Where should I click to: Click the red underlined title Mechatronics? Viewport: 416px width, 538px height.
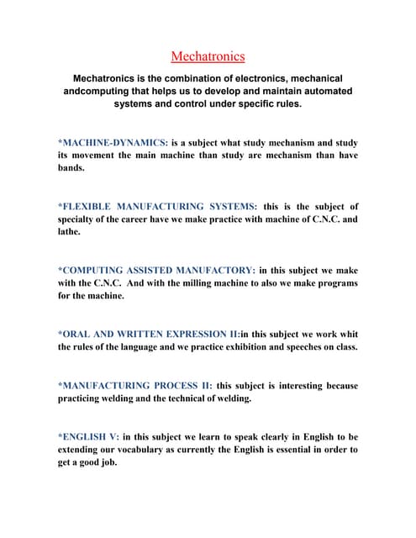pos(208,57)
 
